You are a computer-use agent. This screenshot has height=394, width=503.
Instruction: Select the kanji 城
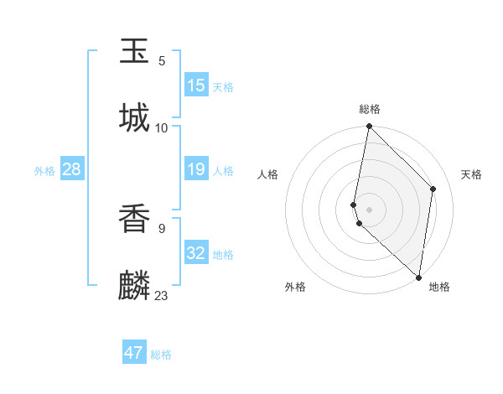click(135, 117)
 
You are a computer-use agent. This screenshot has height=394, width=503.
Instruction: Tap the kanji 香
click(135, 220)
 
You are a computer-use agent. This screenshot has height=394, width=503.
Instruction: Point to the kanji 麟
click(135, 285)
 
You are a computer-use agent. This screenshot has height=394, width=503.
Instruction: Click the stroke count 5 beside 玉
click(162, 61)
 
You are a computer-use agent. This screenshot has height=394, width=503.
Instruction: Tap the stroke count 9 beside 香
click(162, 228)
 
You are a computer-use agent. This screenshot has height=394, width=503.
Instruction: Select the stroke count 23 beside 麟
click(162, 295)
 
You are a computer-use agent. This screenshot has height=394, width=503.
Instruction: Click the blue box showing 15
click(196, 86)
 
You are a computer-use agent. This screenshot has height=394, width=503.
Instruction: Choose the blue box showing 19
click(196, 170)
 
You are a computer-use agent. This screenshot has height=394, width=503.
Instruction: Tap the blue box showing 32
click(196, 253)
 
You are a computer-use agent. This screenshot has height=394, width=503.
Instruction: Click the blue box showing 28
click(72, 170)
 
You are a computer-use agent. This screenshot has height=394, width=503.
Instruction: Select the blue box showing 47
click(134, 353)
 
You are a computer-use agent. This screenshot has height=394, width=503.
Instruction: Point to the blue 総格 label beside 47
click(161, 355)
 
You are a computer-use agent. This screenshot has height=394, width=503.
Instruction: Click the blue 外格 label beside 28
click(44, 171)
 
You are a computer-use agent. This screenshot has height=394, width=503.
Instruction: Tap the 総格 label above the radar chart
click(370, 110)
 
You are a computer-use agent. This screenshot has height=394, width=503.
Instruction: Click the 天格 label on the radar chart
click(471, 174)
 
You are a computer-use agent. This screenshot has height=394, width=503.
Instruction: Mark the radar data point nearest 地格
click(418, 277)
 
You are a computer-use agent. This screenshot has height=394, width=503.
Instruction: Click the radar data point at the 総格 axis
click(369, 127)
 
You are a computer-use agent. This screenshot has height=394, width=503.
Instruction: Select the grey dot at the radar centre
click(369, 209)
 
